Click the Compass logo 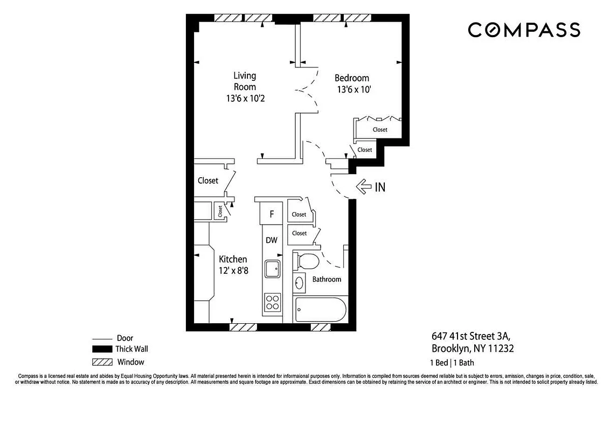(523, 30)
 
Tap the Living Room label (245, 81)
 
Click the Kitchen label (233, 260)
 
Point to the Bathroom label (327, 279)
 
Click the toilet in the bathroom (308, 261)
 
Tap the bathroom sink (300, 282)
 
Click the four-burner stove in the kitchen (272, 303)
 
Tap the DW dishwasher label (272, 240)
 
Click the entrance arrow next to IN (365, 187)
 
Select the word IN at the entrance (380, 187)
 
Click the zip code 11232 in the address (501, 349)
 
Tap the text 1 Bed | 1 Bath (452, 363)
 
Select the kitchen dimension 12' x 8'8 (233, 270)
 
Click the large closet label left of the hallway (207, 180)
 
